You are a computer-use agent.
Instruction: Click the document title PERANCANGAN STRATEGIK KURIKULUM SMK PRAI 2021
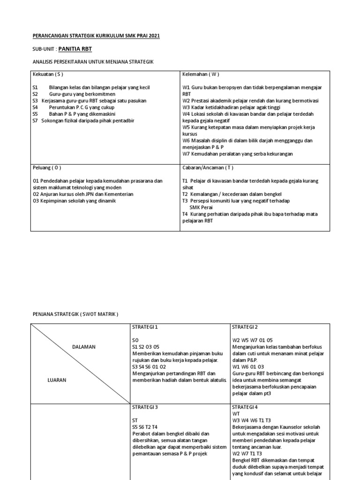[x=96, y=36]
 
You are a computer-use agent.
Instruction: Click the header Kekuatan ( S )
[x=48, y=74]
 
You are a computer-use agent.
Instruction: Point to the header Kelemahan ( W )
[x=201, y=74]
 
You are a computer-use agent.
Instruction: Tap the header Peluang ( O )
[x=47, y=167]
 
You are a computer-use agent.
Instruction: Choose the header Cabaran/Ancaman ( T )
[x=207, y=167]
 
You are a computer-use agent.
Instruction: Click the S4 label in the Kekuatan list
[x=35, y=107]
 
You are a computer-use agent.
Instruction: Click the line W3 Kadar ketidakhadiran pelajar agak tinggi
[x=232, y=107]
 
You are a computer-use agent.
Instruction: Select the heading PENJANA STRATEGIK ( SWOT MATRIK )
[x=75, y=314]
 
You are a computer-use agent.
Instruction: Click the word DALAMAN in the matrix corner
[x=84, y=347]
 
